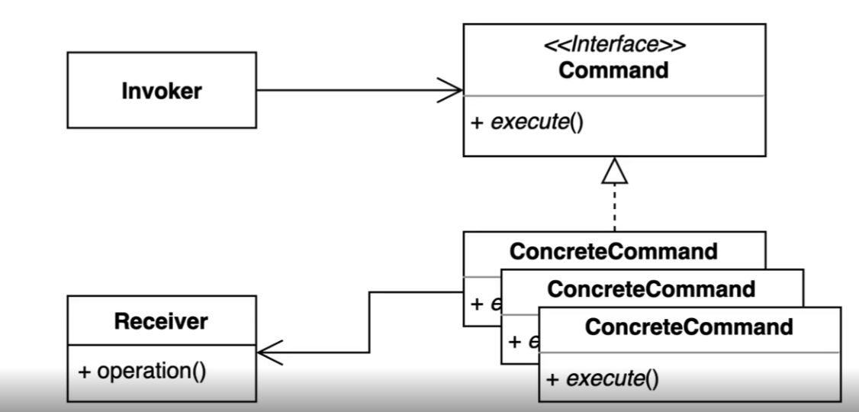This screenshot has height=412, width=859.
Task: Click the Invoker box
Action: (x=162, y=90)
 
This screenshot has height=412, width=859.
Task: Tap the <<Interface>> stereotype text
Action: (x=614, y=47)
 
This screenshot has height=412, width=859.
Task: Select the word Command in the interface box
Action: (x=614, y=71)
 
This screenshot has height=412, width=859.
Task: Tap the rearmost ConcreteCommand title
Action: (x=614, y=251)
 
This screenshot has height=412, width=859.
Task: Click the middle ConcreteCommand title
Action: (x=651, y=288)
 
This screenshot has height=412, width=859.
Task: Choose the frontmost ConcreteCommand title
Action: (x=689, y=327)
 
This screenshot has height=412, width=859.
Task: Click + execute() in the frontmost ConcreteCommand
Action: (x=602, y=378)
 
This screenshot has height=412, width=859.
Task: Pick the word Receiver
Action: (x=161, y=321)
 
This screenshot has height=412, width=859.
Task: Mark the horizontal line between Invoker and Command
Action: (x=351, y=90)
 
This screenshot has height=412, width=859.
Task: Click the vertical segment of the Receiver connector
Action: (x=370, y=322)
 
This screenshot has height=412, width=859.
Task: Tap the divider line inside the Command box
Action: (x=614, y=96)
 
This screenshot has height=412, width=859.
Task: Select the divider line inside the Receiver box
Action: (x=161, y=345)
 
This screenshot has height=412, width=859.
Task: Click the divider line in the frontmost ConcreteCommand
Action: (x=689, y=352)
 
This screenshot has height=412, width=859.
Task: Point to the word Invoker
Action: (x=162, y=91)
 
